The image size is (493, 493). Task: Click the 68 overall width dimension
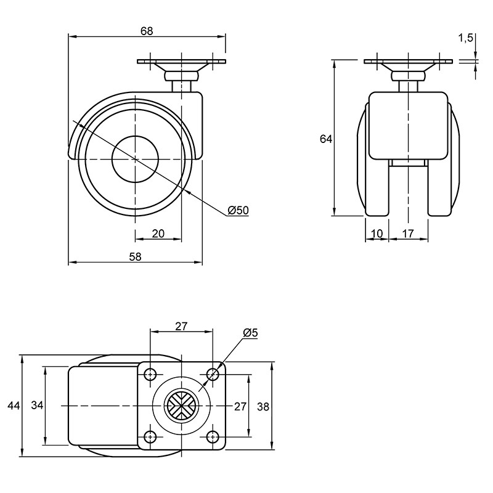147,31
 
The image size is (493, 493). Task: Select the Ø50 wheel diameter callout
238,210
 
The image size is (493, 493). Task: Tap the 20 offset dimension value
158,234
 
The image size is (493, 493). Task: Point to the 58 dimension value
136,257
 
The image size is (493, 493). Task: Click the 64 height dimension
326,139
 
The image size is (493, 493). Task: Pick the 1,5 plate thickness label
466,38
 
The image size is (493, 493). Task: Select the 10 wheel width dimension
377,234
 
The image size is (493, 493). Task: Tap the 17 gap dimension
408,234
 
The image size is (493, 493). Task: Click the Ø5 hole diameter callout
250,333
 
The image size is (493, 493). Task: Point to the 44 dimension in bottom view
14,405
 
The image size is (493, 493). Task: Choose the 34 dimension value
37,405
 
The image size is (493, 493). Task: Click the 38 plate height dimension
263,407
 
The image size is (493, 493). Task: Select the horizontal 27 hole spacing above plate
181,327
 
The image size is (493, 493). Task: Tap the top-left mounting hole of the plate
150,374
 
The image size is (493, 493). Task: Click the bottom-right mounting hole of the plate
213,436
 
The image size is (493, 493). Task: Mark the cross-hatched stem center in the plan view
181,405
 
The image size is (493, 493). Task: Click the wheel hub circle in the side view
135,160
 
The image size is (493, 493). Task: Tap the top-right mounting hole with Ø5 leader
213,374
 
